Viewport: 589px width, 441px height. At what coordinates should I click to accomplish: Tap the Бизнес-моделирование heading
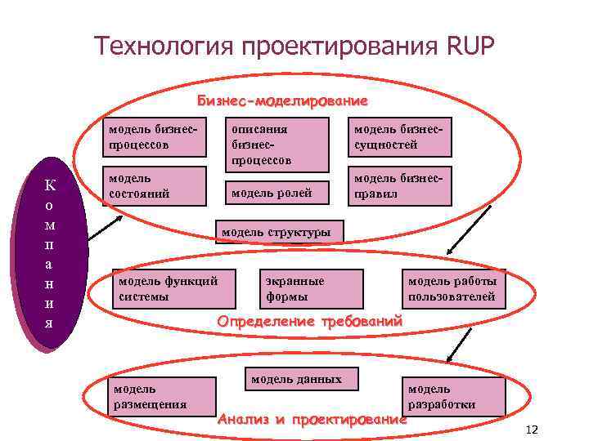click(282, 102)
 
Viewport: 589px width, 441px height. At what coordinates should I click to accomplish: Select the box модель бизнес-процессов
click(153, 137)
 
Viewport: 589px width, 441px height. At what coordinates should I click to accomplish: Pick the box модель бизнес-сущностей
click(398, 137)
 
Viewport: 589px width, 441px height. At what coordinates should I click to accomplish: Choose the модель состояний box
click(153, 187)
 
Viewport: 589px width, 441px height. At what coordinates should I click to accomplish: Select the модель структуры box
click(279, 232)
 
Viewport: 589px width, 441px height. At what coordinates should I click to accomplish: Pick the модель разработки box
click(452, 396)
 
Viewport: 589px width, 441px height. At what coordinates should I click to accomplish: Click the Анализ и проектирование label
click(312, 420)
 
